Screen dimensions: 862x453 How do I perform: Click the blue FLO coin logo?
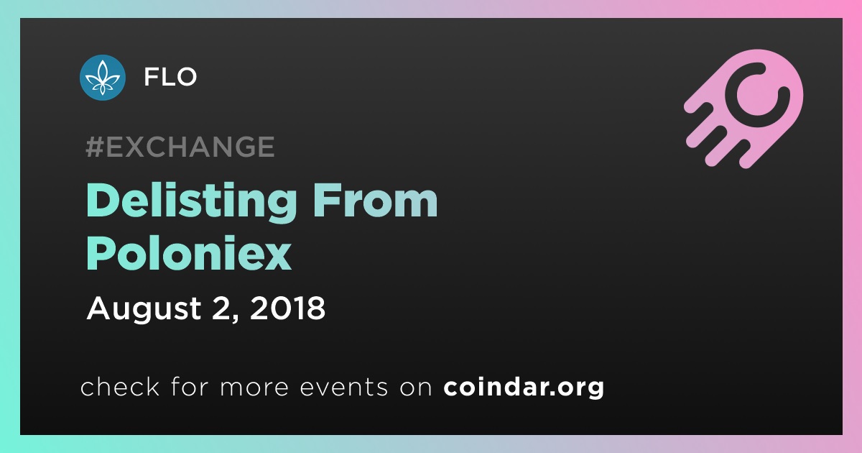(x=102, y=78)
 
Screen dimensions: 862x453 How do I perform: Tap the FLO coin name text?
(x=170, y=77)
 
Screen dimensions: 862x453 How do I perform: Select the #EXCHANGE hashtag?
(x=180, y=147)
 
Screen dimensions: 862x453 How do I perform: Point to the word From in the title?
(x=375, y=200)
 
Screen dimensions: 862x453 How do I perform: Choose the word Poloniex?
(x=189, y=253)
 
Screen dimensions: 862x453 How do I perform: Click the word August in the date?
(x=144, y=309)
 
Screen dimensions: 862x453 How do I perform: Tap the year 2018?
(x=287, y=308)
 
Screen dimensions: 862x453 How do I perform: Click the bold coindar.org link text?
(x=524, y=387)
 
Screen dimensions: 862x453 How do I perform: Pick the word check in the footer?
(x=120, y=386)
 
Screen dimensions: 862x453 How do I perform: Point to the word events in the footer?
(x=343, y=387)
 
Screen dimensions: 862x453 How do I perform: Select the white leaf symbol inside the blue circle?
(x=102, y=78)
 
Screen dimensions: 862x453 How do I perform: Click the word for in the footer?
(x=190, y=386)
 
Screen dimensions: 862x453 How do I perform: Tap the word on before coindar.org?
(x=416, y=388)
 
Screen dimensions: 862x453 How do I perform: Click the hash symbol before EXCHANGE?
(x=95, y=147)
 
